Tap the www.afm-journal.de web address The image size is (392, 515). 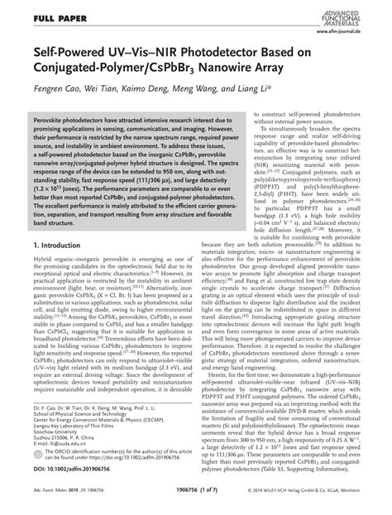pos(351,28)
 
